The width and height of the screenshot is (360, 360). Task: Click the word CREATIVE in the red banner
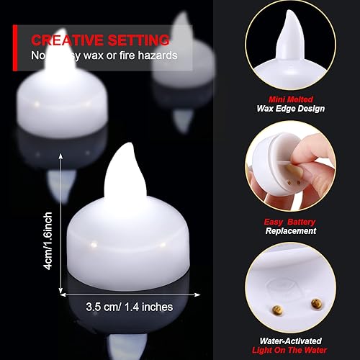[x=69, y=39]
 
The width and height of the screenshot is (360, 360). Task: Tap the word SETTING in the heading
[x=139, y=39]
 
